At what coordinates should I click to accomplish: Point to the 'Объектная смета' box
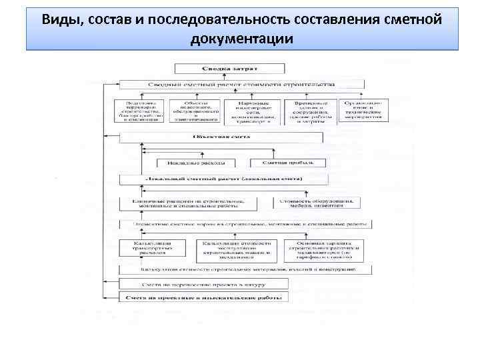pos(221,137)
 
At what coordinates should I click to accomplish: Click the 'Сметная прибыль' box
pos(288,162)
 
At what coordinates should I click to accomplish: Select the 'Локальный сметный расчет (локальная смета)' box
pos(223,179)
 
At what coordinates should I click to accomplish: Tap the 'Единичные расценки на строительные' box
pos(195,203)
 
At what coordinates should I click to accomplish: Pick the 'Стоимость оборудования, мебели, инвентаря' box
pos(317,203)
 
